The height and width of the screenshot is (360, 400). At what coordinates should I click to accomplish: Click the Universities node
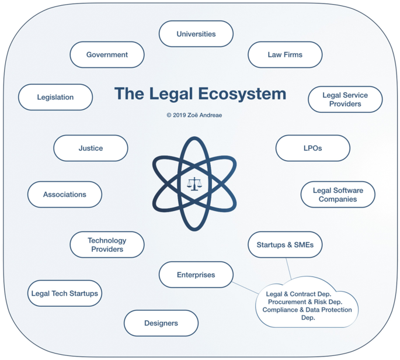(x=196, y=34)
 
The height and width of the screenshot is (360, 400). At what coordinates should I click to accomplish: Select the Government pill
(x=107, y=54)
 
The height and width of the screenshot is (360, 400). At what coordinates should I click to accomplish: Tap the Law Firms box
(x=285, y=54)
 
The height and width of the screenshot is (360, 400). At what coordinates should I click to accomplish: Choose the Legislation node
(x=55, y=98)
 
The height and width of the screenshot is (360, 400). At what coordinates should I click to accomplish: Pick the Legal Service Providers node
(x=345, y=99)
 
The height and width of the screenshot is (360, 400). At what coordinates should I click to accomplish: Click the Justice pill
(x=91, y=148)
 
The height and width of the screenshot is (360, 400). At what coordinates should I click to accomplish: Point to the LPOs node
(x=313, y=148)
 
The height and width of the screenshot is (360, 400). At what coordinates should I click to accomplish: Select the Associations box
(x=65, y=195)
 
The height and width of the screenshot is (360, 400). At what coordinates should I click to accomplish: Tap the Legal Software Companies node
(x=338, y=195)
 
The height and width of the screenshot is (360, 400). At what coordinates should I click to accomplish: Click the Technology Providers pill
(x=107, y=245)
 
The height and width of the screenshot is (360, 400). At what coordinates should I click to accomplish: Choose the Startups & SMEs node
(x=285, y=245)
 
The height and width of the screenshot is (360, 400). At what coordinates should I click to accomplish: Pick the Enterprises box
(x=196, y=275)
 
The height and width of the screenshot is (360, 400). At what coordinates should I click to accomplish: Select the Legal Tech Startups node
(x=65, y=293)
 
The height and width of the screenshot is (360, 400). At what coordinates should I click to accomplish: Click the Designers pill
(x=161, y=323)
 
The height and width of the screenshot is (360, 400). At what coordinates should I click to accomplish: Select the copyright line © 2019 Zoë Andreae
(x=194, y=115)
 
